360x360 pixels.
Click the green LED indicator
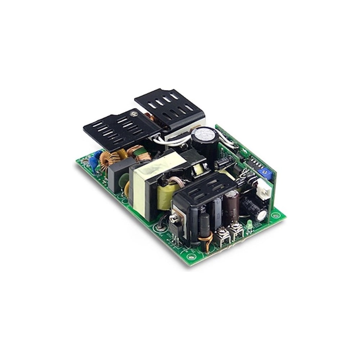pyautogui.click(x=248, y=226)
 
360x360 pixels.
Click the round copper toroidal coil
pyautogui.click(x=108, y=160)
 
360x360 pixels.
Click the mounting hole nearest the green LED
pyautogui.click(x=275, y=215)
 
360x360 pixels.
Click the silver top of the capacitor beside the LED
pyautogui.click(x=262, y=215)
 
